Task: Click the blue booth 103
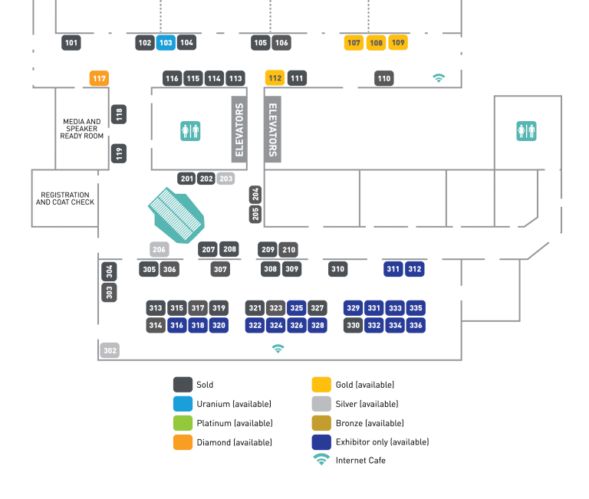click(x=166, y=43)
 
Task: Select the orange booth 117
click(x=99, y=78)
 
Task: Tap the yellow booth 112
click(x=275, y=78)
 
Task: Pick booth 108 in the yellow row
click(x=376, y=43)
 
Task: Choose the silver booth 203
click(x=225, y=179)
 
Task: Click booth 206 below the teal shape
click(x=159, y=249)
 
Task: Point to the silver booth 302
click(x=110, y=350)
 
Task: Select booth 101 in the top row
click(x=71, y=43)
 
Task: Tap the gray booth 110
click(x=384, y=78)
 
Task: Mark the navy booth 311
click(x=393, y=269)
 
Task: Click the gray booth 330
click(x=353, y=325)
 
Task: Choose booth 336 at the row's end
click(x=416, y=325)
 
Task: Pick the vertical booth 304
click(x=110, y=271)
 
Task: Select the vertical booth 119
click(x=119, y=153)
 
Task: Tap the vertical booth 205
click(x=255, y=214)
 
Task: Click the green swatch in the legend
click(x=183, y=423)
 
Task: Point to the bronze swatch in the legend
click(x=321, y=423)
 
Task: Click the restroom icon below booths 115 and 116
click(x=190, y=131)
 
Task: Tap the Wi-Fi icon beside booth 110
click(x=439, y=78)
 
